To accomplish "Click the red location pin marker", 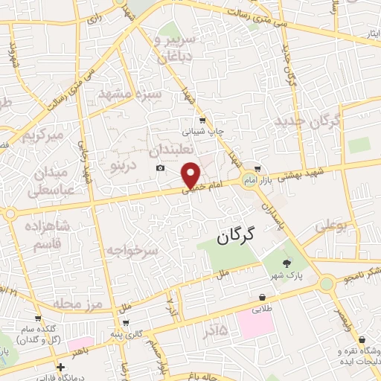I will coord(191,175).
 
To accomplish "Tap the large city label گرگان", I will coord(235,237).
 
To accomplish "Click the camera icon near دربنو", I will coord(160,168).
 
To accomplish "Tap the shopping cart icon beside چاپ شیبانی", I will coord(202,120).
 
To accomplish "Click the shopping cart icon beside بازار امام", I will coord(257,168).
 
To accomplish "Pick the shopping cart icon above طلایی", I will coord(263,296).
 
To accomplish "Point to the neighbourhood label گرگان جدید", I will coord(307,120).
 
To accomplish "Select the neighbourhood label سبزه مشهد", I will coord(128,95).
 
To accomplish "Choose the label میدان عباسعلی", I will coord(52,180).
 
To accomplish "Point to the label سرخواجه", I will coord(132,251).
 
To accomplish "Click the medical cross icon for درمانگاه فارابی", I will coord(60,366).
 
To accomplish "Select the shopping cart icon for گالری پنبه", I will coord(126,323).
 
